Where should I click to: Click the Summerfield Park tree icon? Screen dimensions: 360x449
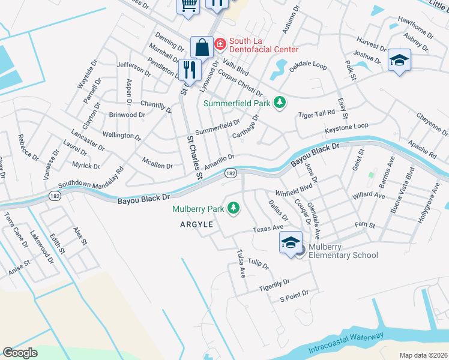point(279,103)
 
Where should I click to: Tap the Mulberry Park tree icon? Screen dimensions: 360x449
point(233,209)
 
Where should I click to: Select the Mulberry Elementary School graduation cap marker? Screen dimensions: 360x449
point(291,243)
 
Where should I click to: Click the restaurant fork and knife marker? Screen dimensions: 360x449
point(190,70)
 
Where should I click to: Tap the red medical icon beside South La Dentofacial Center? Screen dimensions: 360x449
point(220,44)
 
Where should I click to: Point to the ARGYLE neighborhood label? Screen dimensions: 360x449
point(196,224)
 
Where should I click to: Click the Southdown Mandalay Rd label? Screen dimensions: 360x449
point(91,178)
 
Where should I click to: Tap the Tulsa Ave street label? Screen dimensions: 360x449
point(241,263)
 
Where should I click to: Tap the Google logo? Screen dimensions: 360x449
point(20,353)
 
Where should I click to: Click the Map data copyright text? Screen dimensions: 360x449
point(423,355)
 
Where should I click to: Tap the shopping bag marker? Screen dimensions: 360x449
point(202,47)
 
